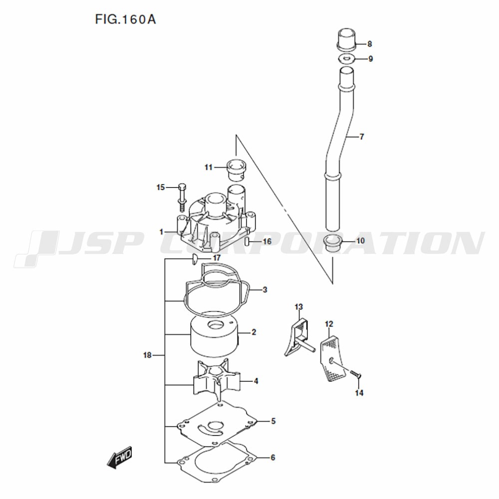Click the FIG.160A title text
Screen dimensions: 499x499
click(x=125, y=20)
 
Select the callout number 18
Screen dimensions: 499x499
click(x=147, y=355)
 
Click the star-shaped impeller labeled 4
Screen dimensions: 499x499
click(x=217, y=380)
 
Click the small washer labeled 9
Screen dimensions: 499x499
click(x=346, y=58)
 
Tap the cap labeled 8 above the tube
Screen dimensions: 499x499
click(x=346, y=39)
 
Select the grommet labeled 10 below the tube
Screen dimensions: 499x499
click(x=332, y=244)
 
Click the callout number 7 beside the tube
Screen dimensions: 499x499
click(x=361, y=137)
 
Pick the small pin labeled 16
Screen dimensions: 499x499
click(x=248, y=241)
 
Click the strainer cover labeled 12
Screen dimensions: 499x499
click(x=332, y=358)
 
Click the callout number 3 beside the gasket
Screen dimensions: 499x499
click(x=265, y=290)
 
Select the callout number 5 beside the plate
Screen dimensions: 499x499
click(x=273, y=421)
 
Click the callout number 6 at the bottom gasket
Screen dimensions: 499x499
click(x=273, y=458)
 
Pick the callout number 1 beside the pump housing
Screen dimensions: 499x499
click(x=161, y=232)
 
